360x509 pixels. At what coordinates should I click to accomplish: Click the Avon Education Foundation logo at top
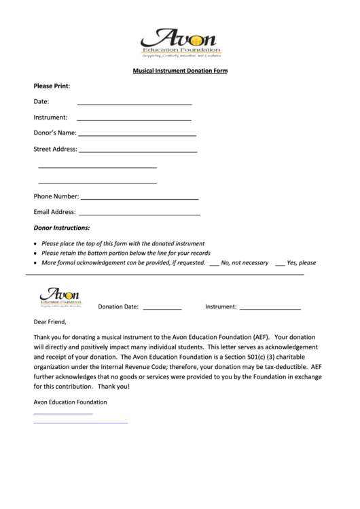point(180,42)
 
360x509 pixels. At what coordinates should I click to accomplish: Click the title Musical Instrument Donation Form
point(180,71)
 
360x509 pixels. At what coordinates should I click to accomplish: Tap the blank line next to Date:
point(134,104)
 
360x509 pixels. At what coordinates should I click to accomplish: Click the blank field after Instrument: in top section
point(134,119)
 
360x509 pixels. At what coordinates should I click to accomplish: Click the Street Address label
point(55,149)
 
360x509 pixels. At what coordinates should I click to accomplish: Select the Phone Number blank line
point(139,198)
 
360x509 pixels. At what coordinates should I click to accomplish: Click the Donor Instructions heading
point(62,228)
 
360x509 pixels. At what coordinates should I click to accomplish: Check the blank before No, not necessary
point(214,263)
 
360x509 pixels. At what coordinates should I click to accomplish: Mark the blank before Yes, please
point(278,263)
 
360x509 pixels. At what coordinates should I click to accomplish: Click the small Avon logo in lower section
point(61,296)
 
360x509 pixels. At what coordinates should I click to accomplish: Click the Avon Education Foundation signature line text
point(70,402)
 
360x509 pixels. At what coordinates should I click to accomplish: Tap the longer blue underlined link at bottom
point(81,423)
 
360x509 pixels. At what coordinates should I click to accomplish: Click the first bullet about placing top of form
point(122,243)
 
